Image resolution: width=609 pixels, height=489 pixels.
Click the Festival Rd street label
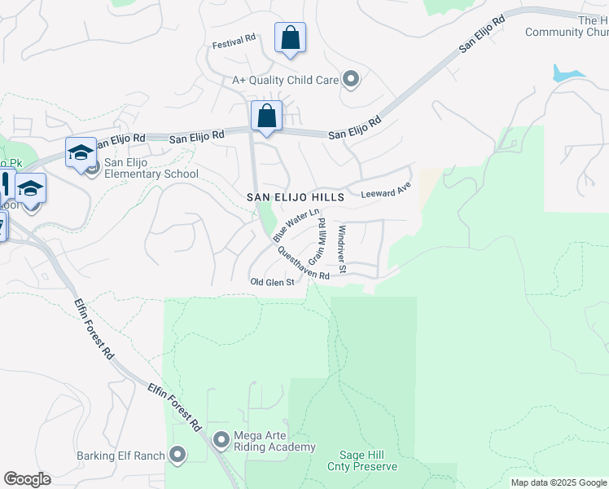(234, 38)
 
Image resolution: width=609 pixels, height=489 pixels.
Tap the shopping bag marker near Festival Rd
(290, 37)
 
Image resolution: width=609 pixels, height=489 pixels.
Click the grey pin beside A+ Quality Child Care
(351, 79)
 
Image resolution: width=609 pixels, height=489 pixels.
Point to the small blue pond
(567, 73)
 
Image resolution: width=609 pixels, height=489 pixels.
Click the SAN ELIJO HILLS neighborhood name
(296, 197)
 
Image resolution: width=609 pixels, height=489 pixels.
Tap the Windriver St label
(343, 249)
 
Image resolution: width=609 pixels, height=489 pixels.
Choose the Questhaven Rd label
(303, 265)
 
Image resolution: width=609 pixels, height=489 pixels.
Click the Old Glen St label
(271, 281)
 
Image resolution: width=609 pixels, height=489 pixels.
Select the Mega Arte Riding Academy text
(274, 441)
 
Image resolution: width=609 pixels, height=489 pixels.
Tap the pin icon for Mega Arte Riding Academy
(221, 441)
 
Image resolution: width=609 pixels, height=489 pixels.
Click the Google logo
(27, 479)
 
